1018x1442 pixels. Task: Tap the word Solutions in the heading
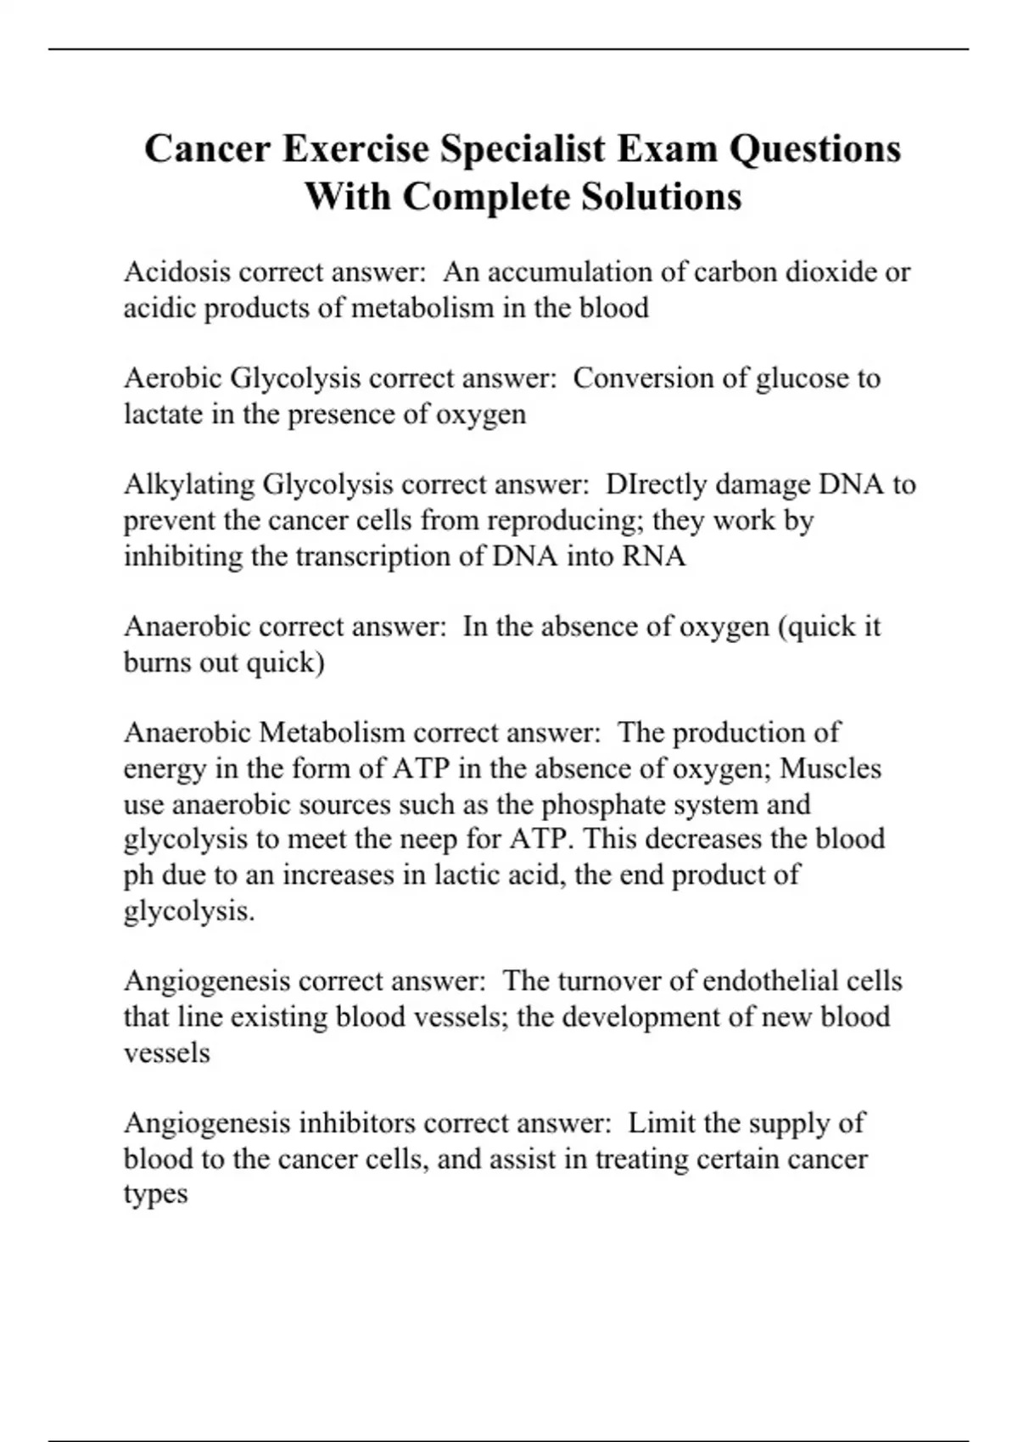662,197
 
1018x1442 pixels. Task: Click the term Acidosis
177,271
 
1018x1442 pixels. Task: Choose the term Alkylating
189,484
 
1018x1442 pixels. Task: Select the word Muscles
831,769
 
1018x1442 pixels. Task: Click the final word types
155,1194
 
